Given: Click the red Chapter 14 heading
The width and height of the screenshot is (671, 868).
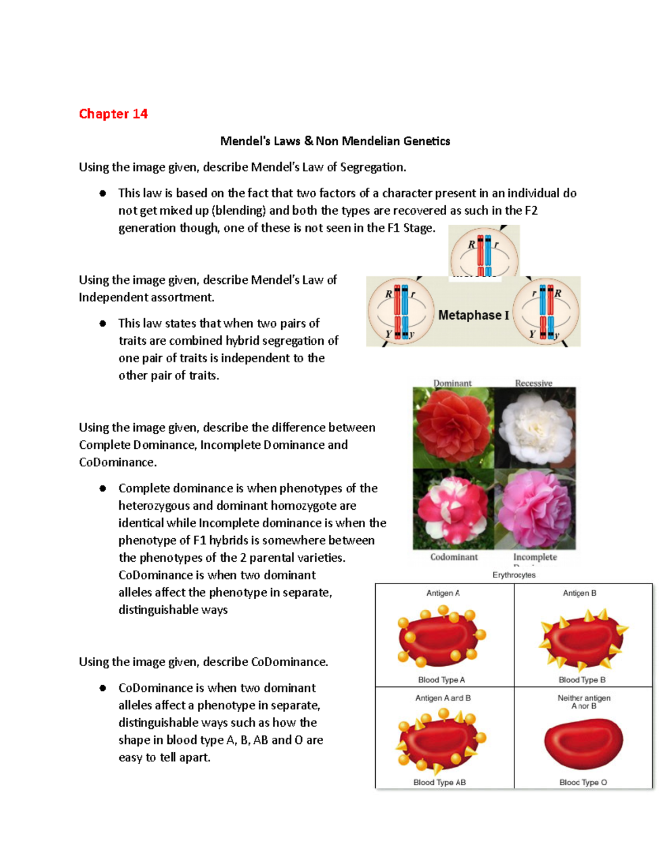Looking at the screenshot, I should point(113,114).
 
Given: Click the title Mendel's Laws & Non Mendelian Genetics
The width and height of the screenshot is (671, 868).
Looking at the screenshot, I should point(335,141).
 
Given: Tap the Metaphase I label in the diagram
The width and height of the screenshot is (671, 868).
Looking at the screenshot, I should point(473,315).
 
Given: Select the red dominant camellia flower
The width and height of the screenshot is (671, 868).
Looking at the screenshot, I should point(453,428).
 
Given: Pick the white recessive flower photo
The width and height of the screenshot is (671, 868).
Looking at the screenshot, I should point(535,428).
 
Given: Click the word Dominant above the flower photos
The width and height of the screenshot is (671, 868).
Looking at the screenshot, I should point(452,383).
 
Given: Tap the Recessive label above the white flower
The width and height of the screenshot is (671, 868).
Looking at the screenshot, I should point(533,383).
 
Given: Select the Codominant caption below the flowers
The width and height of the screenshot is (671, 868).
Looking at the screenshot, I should point(454,557).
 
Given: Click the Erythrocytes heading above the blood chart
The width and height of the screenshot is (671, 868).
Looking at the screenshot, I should point(514,575).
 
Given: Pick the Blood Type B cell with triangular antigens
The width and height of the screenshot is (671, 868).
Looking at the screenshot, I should point(583,640).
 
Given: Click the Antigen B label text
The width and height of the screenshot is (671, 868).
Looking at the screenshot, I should point(579,593).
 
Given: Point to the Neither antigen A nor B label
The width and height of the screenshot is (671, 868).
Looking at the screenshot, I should point(584,702).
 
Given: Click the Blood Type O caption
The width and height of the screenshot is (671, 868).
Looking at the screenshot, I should point(583,782).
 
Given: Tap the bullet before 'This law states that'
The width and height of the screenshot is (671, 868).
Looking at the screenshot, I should point(103,324).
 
